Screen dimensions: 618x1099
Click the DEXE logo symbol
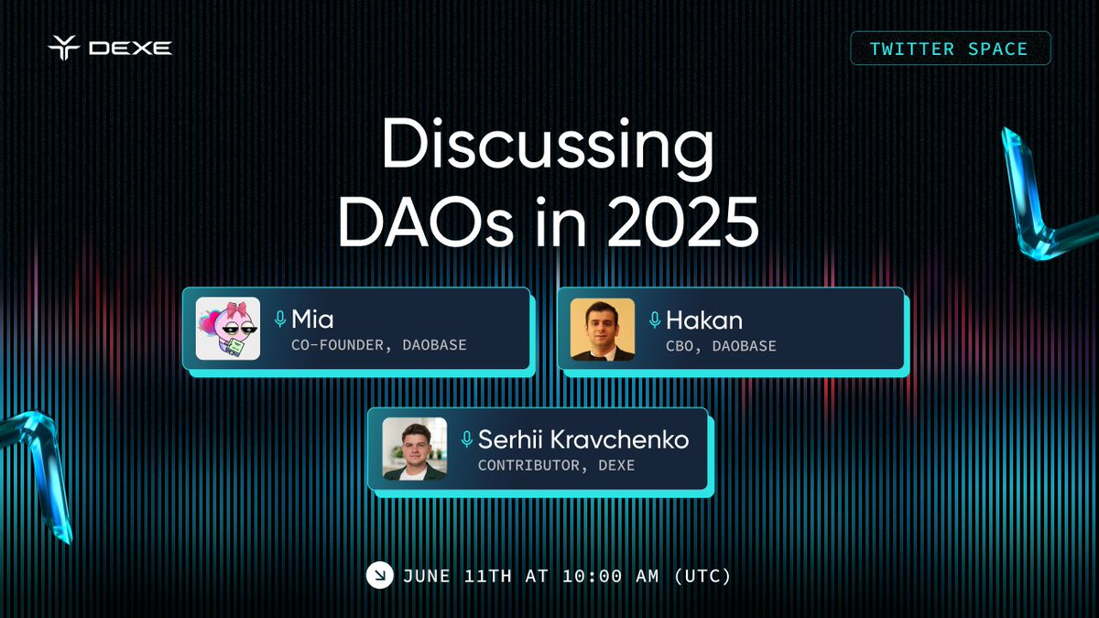click(x=65, y=47)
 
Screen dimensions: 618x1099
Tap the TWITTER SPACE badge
click(x=950, y=49)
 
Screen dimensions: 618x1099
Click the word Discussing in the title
click(x=547, y=146)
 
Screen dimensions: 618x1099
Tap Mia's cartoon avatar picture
click(x=228, y=329)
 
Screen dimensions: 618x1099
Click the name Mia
click(x=312, y=320)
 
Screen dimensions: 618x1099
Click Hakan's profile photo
click(x=603, y=329)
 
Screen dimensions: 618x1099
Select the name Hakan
click(x=704, y=320)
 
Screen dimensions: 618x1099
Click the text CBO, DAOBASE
click(x=721, y=345)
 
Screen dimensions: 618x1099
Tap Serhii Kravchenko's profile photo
click(x=414, y=449)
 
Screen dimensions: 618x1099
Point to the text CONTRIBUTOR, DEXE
click(x=556, y=465)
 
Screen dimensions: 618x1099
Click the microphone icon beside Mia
click(x=280, y=320)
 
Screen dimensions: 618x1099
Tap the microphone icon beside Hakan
click(x=655, y=320)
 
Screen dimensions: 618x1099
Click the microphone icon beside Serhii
click(x=466, y=439)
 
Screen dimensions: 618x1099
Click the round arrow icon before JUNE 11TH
click(x=378, y=575)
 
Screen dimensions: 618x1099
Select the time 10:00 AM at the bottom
click(x=616, y=576)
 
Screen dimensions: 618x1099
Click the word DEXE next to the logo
click(x=130, y=48)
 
